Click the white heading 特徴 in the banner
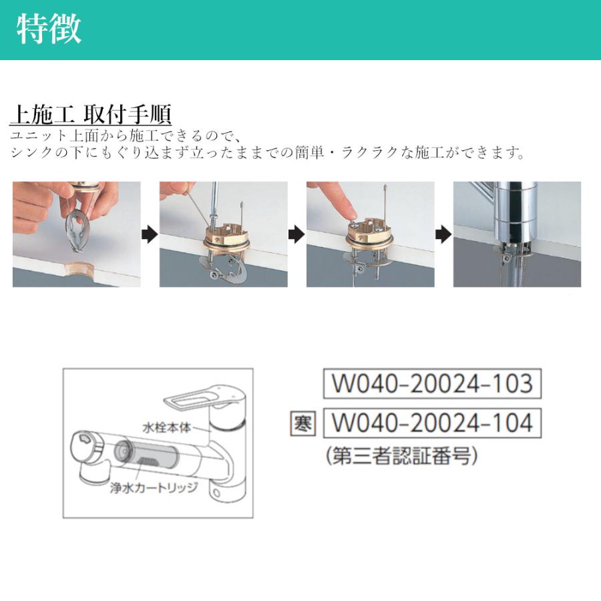[x=49, y=29]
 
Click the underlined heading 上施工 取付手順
[x=90, y=114]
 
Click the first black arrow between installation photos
[x=150, y=234]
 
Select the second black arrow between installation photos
[x=296, y=234]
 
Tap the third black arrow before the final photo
[x=443, y=234]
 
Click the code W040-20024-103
[x=431, y=384]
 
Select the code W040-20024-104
[x=431, y=423]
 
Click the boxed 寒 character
[x=303, y=423]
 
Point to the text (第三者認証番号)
[x=402, y=457]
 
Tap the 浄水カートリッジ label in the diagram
[x=154, y=487]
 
